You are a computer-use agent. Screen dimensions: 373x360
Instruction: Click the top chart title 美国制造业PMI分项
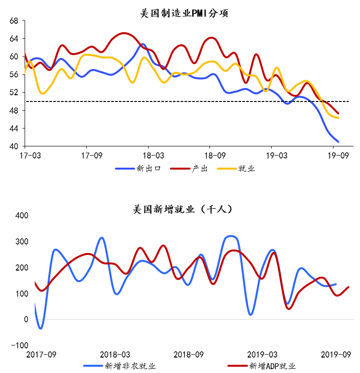(x=183, y=14)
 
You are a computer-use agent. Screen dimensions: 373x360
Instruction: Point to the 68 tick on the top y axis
(x=14, y=21)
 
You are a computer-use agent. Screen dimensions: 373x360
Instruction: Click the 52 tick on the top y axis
(x=14, y=92)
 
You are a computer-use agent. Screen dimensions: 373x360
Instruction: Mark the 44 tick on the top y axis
(x=14, y=129)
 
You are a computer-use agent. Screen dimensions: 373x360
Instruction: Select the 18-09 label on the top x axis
(x=210, y=156)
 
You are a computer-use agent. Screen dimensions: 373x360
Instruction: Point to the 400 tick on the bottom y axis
(x=22, y=215)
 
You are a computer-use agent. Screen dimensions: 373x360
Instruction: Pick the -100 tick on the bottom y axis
(x=20, y=345)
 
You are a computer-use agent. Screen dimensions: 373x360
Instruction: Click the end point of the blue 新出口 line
(x=338, y=142)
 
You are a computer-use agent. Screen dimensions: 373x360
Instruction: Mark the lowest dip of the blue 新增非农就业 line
(x=41, y=329)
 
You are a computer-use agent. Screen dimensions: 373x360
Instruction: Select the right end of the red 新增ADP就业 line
(x=348, y=287)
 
